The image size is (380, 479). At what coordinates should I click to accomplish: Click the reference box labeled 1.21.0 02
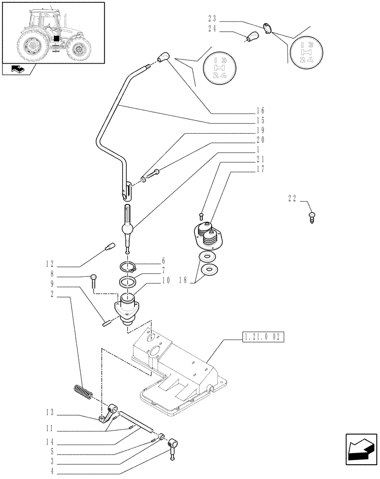[263, 337]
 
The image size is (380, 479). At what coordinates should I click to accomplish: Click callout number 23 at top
[212, 19]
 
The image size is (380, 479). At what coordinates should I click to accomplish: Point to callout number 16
[260, 111]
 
